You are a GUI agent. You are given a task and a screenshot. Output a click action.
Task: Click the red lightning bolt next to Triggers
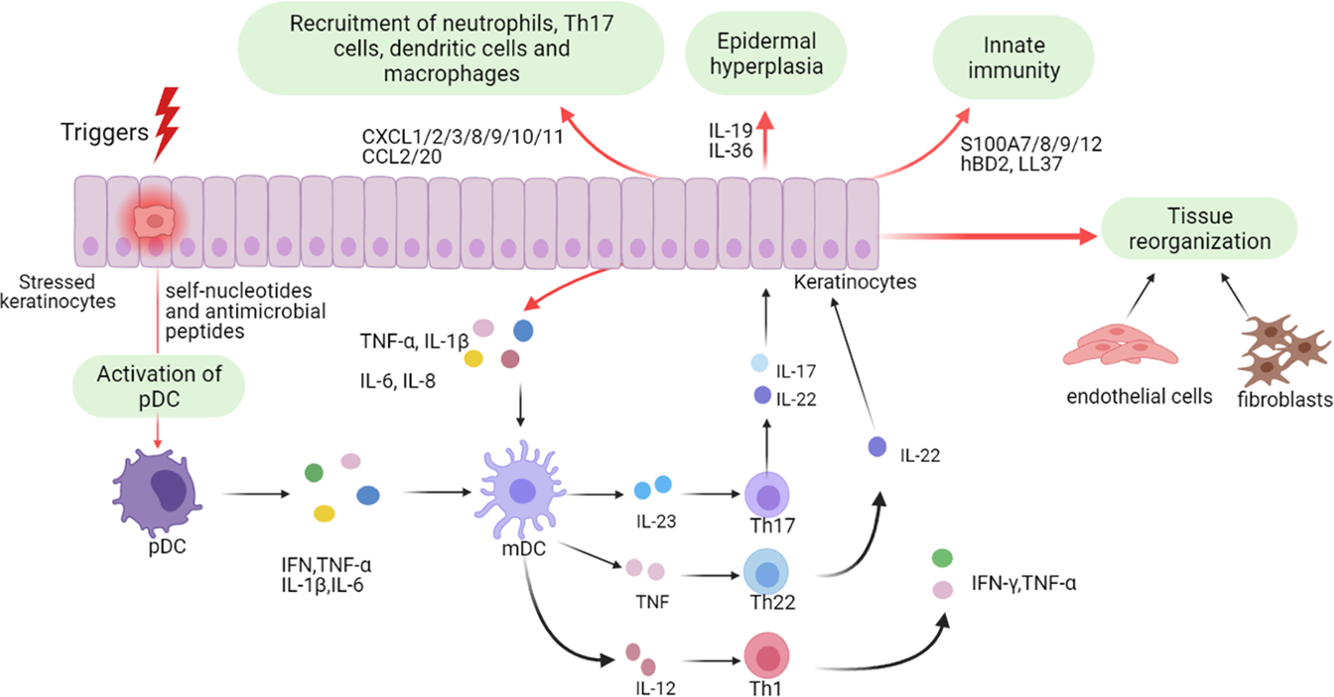(x=167, y=124)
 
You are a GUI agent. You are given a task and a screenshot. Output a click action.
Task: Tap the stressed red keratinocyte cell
(x=154, y=222)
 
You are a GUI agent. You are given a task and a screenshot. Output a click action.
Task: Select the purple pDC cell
(x=157, y=492)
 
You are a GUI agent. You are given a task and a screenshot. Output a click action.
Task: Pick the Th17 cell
(x=767, y=494)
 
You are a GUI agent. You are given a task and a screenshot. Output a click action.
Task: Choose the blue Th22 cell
(x=766, y=572)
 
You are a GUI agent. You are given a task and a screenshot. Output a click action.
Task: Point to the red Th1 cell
(x=766, y=656)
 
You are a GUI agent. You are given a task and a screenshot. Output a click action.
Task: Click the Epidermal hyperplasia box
(x=766, y=54)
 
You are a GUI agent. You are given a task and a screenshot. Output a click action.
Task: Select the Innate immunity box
(x=1013, y=58)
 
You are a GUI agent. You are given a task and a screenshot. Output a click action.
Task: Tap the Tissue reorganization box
(x=1199, y=228)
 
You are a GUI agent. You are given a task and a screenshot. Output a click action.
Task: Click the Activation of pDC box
(x=159, y=386)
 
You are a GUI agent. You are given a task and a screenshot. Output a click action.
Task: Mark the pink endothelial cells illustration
(x=1121, y=345)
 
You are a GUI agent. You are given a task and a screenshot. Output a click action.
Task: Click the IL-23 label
(x=656, y=522)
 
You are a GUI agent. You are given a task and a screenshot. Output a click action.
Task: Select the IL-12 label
(x=655, y=689)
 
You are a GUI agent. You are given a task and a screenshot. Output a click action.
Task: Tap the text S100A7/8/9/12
(x=1031, y=144)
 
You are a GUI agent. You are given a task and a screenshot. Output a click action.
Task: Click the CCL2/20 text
(x=402, y=157)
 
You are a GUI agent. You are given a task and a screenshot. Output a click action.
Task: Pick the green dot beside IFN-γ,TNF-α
(x=942, y=558)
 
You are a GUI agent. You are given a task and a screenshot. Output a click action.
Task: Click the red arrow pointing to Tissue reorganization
(x=989, y=236)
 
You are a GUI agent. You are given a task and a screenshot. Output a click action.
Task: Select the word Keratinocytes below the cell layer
(x=855, y=282)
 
